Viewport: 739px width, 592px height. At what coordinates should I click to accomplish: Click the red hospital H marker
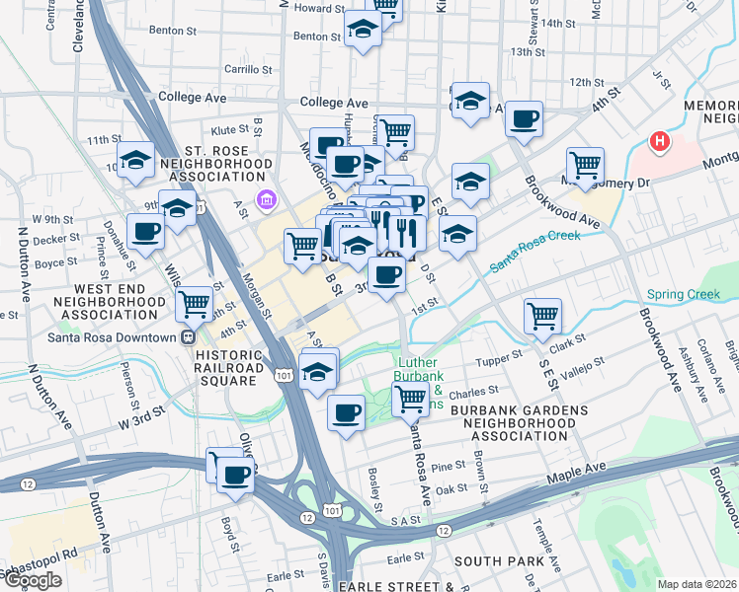(x=659, y=142)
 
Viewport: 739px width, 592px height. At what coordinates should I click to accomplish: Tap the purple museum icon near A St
(x=265, y=201)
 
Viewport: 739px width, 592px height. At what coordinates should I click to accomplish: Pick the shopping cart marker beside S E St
(x=542, y=316)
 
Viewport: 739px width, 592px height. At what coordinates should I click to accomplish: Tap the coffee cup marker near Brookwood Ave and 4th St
(x=524, y=118)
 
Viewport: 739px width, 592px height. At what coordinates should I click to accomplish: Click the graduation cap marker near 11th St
(x=134, y=160)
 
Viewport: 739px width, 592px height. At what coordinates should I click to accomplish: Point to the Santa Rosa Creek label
(x=534, y=250)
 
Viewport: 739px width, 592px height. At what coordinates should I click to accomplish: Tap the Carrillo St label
(x=247, y=70)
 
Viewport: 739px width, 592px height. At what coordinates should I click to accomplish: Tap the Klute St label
(x=229, y=129)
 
